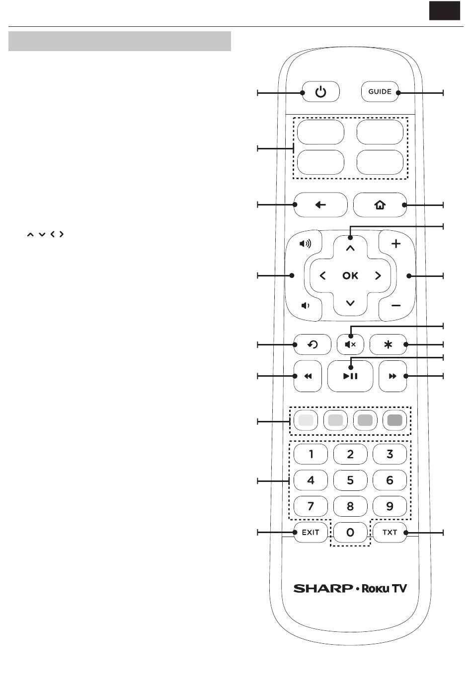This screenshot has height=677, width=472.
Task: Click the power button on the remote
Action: pos(320,92)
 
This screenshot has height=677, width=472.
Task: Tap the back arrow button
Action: pos(320,205)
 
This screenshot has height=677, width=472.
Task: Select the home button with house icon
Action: pos(380,205)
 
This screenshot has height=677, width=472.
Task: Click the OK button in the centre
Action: pos(350,275)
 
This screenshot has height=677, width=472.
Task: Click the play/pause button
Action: pos(350,376)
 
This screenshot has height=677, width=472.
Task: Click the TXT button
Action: pos(390,533)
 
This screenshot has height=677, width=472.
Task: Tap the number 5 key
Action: pos(350,480)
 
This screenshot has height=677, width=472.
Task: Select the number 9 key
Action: pos(390,506)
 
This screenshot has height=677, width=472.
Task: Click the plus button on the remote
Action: pos(396,244)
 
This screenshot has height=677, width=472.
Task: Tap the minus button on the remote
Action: pos(396,306)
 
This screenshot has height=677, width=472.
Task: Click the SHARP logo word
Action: pos(323,589)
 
